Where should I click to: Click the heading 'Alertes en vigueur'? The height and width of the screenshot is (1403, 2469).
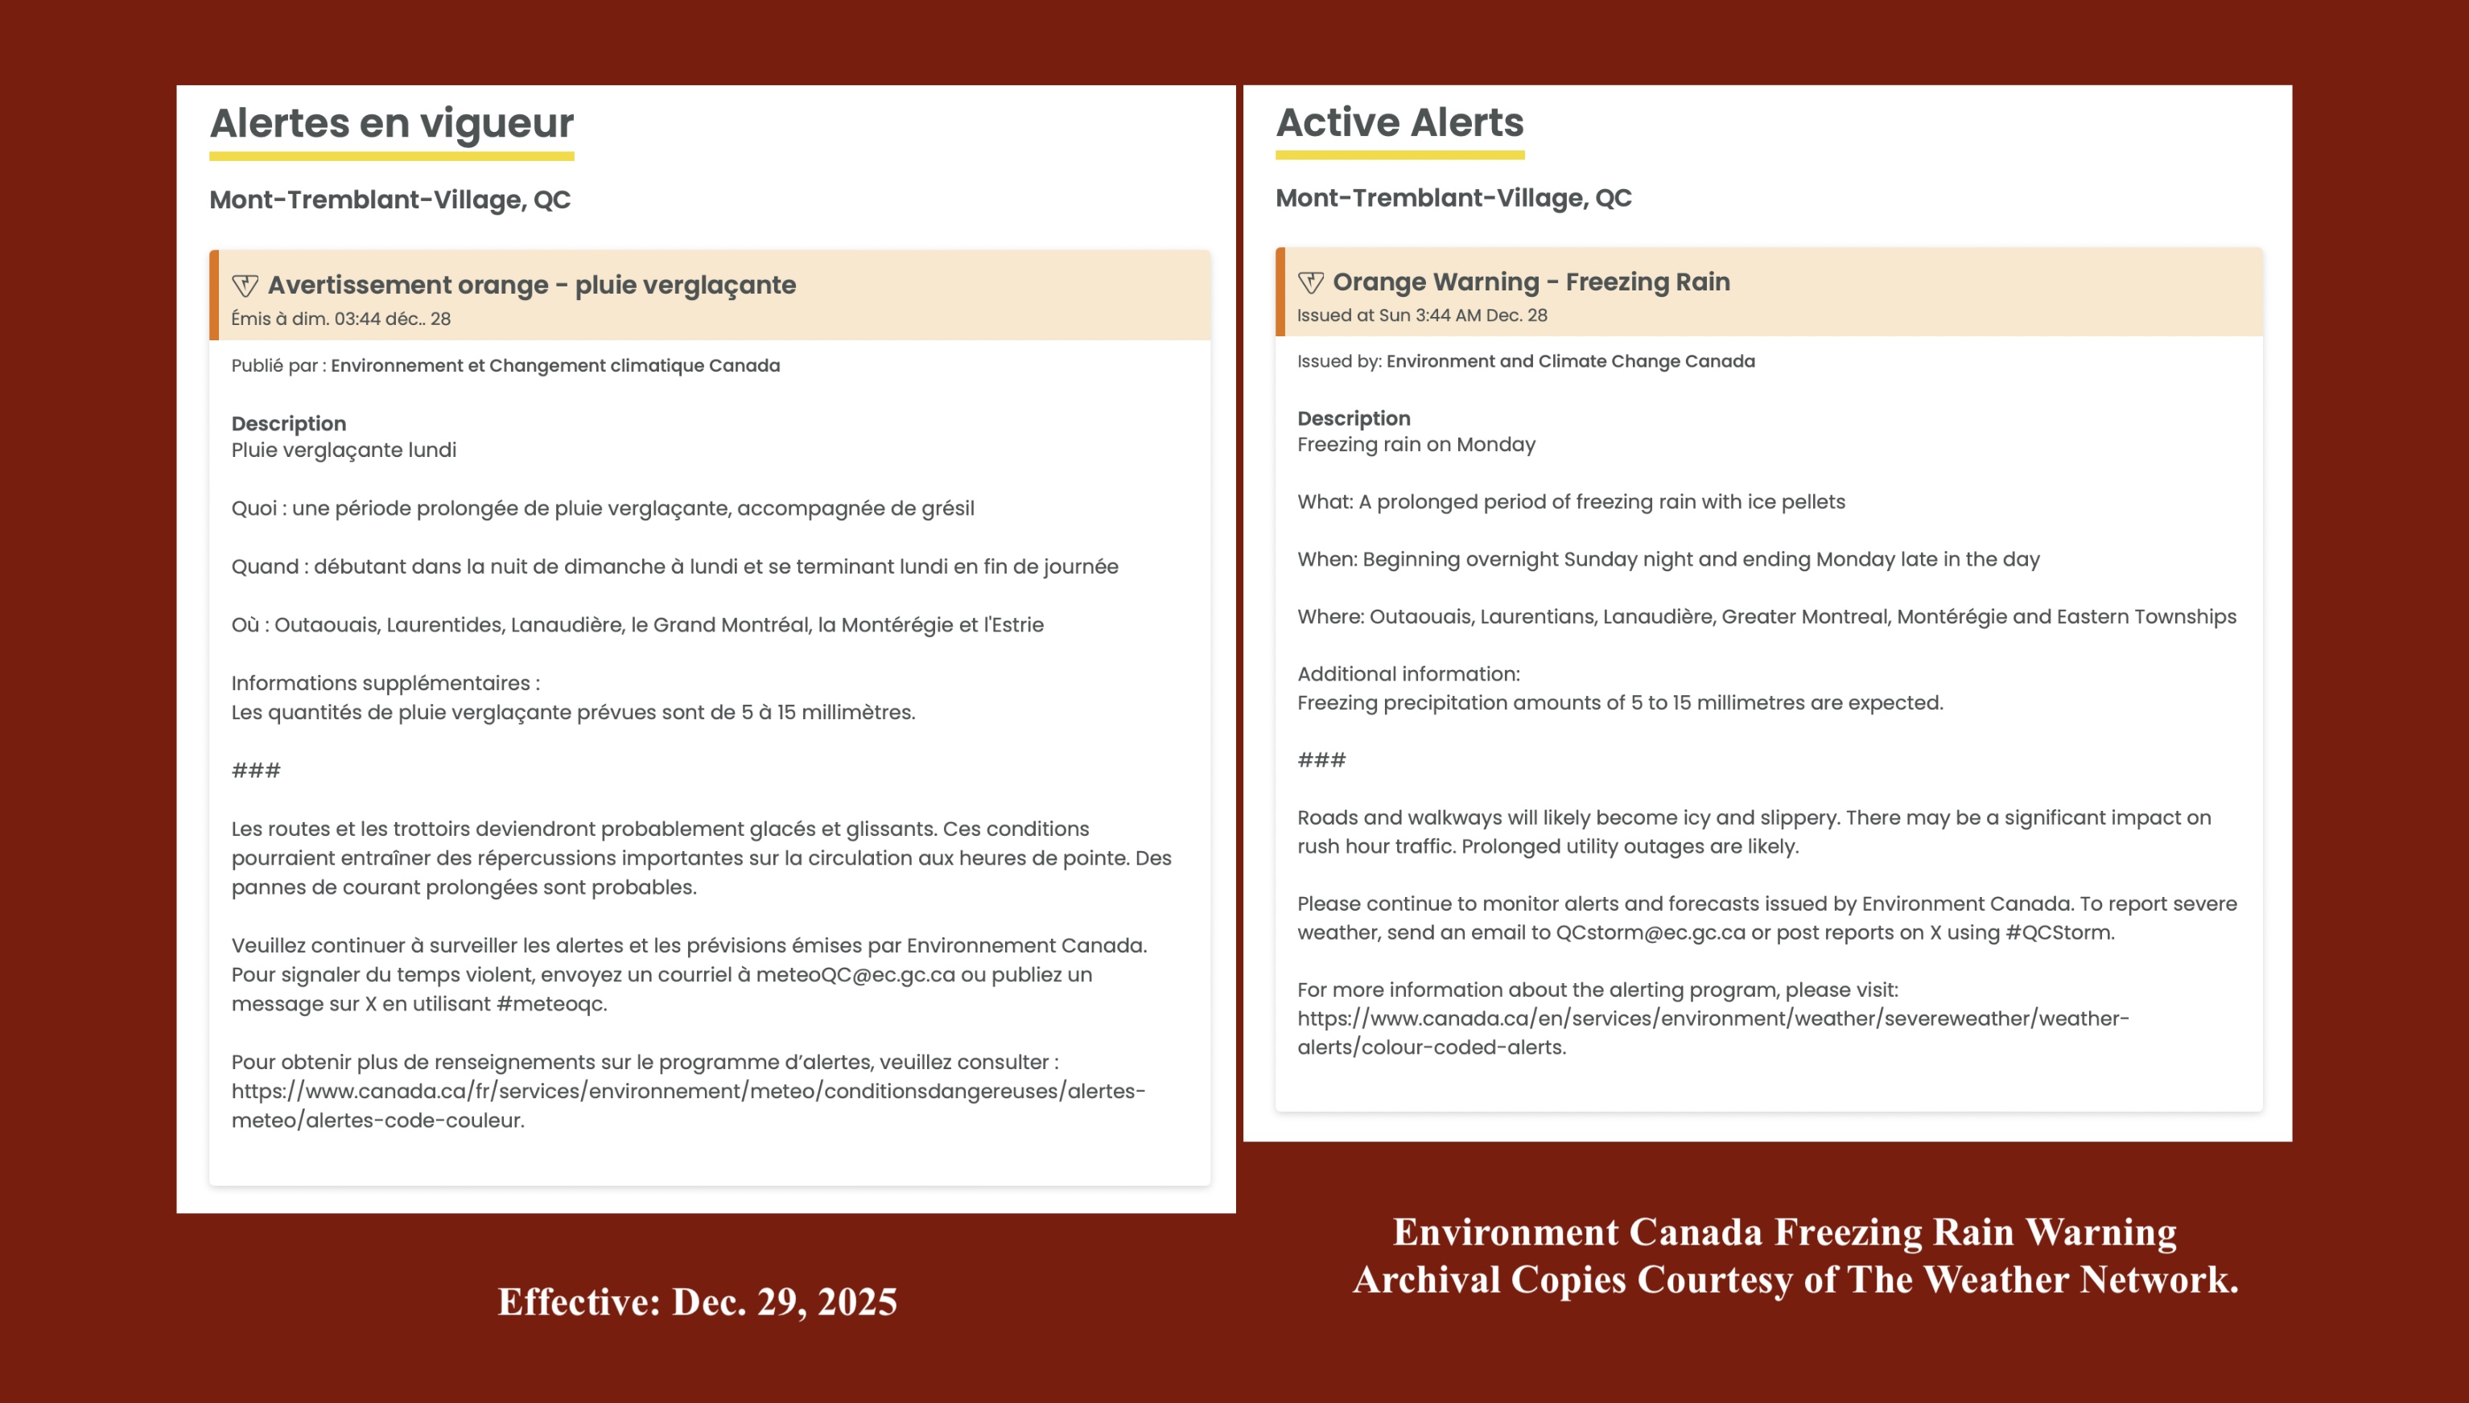391,123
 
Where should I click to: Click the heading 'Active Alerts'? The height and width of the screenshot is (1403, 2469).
1399,122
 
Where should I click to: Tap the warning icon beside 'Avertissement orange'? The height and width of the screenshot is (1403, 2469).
245,286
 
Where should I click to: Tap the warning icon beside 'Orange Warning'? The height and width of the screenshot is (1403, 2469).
1311,282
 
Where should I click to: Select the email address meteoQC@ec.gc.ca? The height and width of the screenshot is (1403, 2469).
855,974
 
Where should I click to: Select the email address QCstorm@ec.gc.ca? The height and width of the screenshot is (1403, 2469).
1650,932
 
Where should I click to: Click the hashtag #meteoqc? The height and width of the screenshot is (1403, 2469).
550,1004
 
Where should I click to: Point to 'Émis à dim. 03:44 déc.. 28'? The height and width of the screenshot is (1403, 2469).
341,319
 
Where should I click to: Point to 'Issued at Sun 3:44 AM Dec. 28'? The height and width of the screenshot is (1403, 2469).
1421,315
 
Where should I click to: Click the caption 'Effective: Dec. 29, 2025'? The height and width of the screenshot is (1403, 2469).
697,1302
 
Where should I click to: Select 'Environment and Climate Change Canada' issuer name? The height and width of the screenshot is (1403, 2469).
1570,361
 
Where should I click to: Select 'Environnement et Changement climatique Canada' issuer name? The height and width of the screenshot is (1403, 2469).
555,365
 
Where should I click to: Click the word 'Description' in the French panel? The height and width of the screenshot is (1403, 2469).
288,424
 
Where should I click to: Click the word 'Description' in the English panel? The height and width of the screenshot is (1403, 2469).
1353,418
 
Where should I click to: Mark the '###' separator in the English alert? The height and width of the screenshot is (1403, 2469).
1321,760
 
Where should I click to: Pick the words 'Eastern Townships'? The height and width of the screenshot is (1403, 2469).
2146,617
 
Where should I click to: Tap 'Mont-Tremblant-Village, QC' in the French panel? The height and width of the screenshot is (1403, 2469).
390,200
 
